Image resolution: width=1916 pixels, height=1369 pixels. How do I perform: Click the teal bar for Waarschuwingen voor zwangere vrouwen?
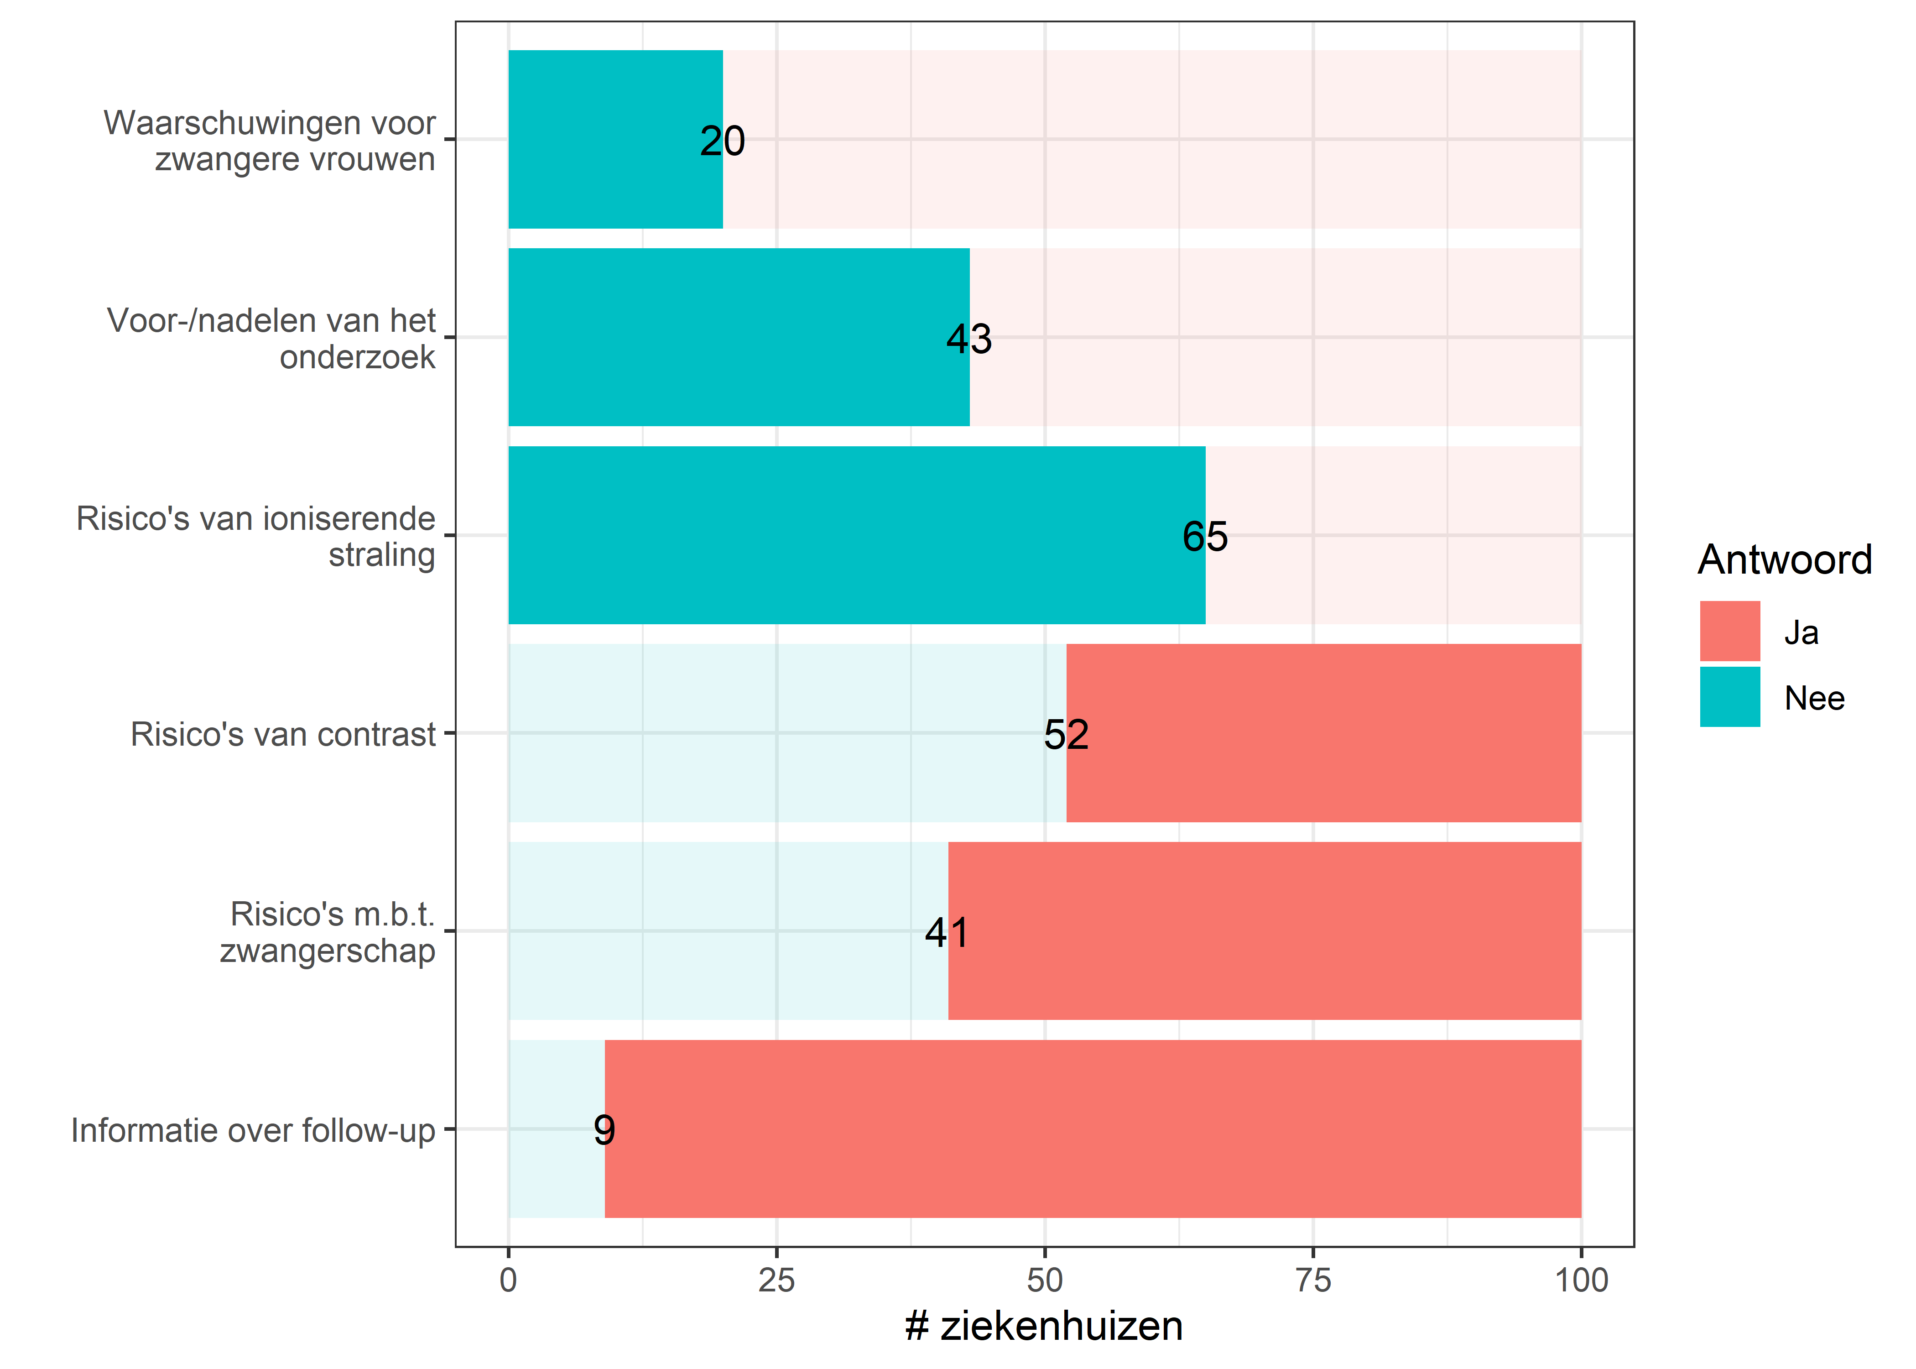(615, 139)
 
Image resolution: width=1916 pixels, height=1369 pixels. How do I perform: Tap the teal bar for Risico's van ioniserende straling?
(856, 535)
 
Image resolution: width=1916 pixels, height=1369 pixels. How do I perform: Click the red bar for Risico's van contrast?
(1324, 733)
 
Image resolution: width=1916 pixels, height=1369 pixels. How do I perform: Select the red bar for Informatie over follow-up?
(1093, 1129)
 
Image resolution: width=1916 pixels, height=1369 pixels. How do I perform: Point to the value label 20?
(722, 141)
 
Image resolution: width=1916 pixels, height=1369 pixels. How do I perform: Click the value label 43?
(969, 339)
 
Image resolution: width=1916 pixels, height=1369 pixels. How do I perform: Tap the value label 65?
(1205, 536)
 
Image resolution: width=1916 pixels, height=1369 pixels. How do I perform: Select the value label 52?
(1066, 734)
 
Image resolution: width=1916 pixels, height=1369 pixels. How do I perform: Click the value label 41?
(947, 932)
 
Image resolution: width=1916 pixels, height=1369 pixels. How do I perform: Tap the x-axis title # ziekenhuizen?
(1044, 1326)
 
